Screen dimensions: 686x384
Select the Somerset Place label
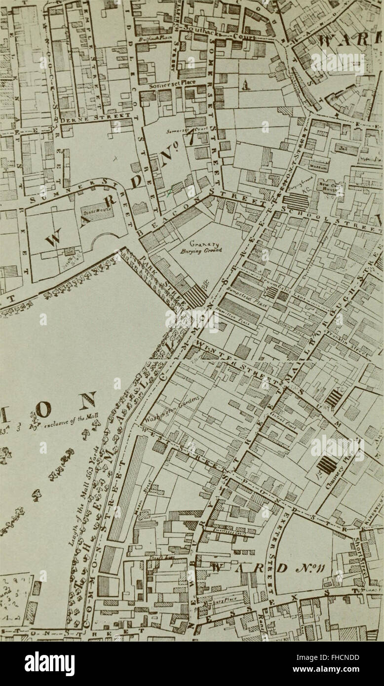pos(167,82)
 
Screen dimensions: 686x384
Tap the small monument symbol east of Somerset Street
pos(245,85)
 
